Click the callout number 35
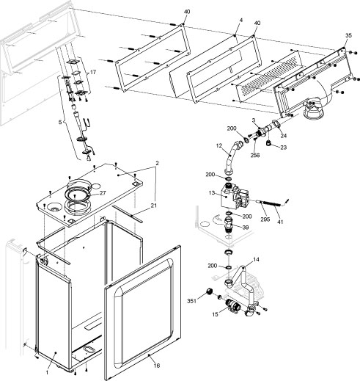click(348, 35)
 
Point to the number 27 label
click(103, 193)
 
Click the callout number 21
click(154, 205)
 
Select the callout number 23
click(284, 148)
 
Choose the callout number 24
click(283, 135)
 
